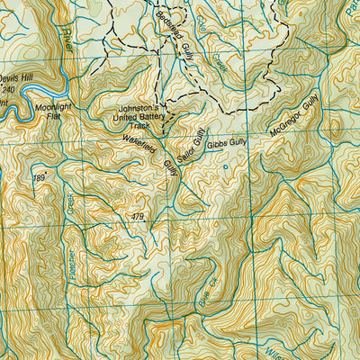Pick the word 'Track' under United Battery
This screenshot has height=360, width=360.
143,126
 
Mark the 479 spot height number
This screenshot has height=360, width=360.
136,217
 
